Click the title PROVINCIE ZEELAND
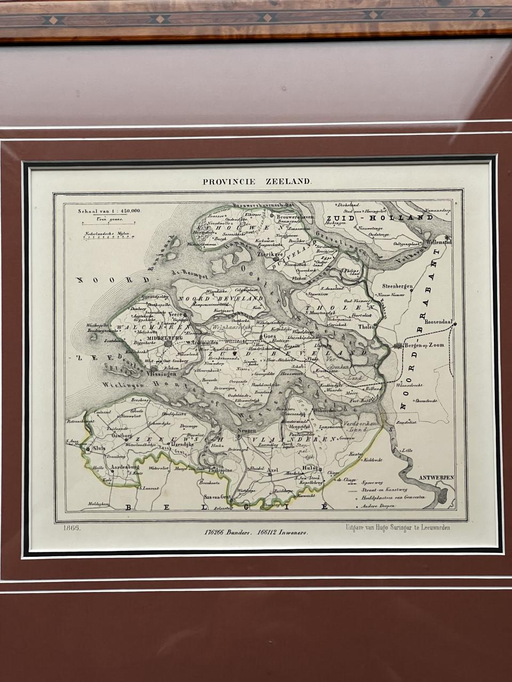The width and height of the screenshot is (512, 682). click(256, 181)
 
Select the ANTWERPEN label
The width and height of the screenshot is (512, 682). click(436, 478)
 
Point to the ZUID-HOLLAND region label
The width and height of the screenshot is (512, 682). click(380, 218)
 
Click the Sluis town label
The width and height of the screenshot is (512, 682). click(100, 449)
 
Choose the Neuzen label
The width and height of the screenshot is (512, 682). click(246, 429)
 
